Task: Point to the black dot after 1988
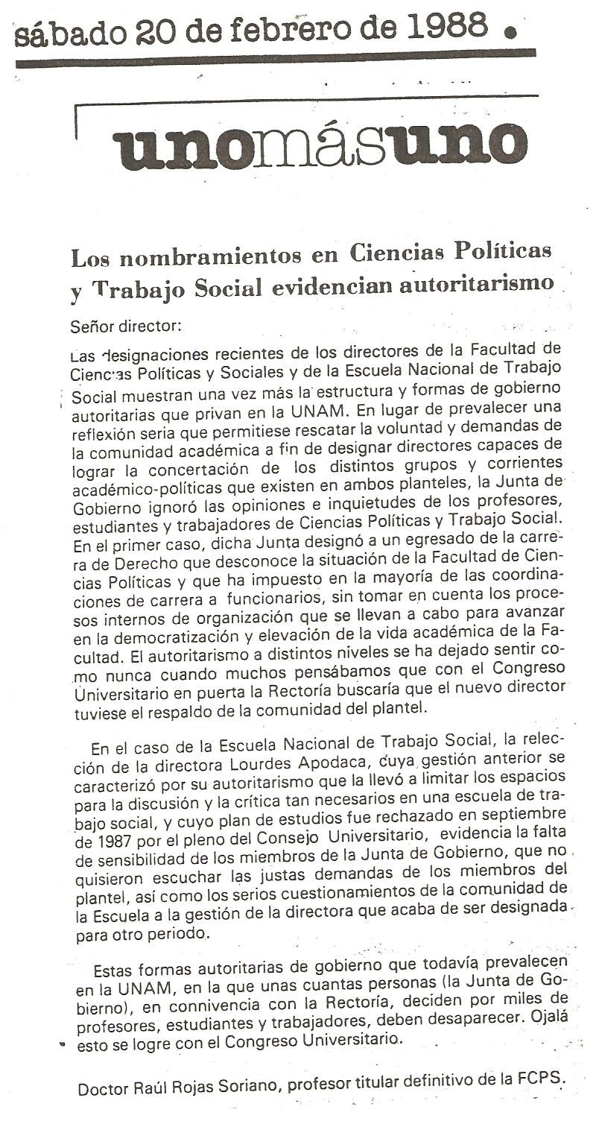pyautogui.click(x=510, y=31)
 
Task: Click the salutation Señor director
pyautogui.click(x=125, y=325)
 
